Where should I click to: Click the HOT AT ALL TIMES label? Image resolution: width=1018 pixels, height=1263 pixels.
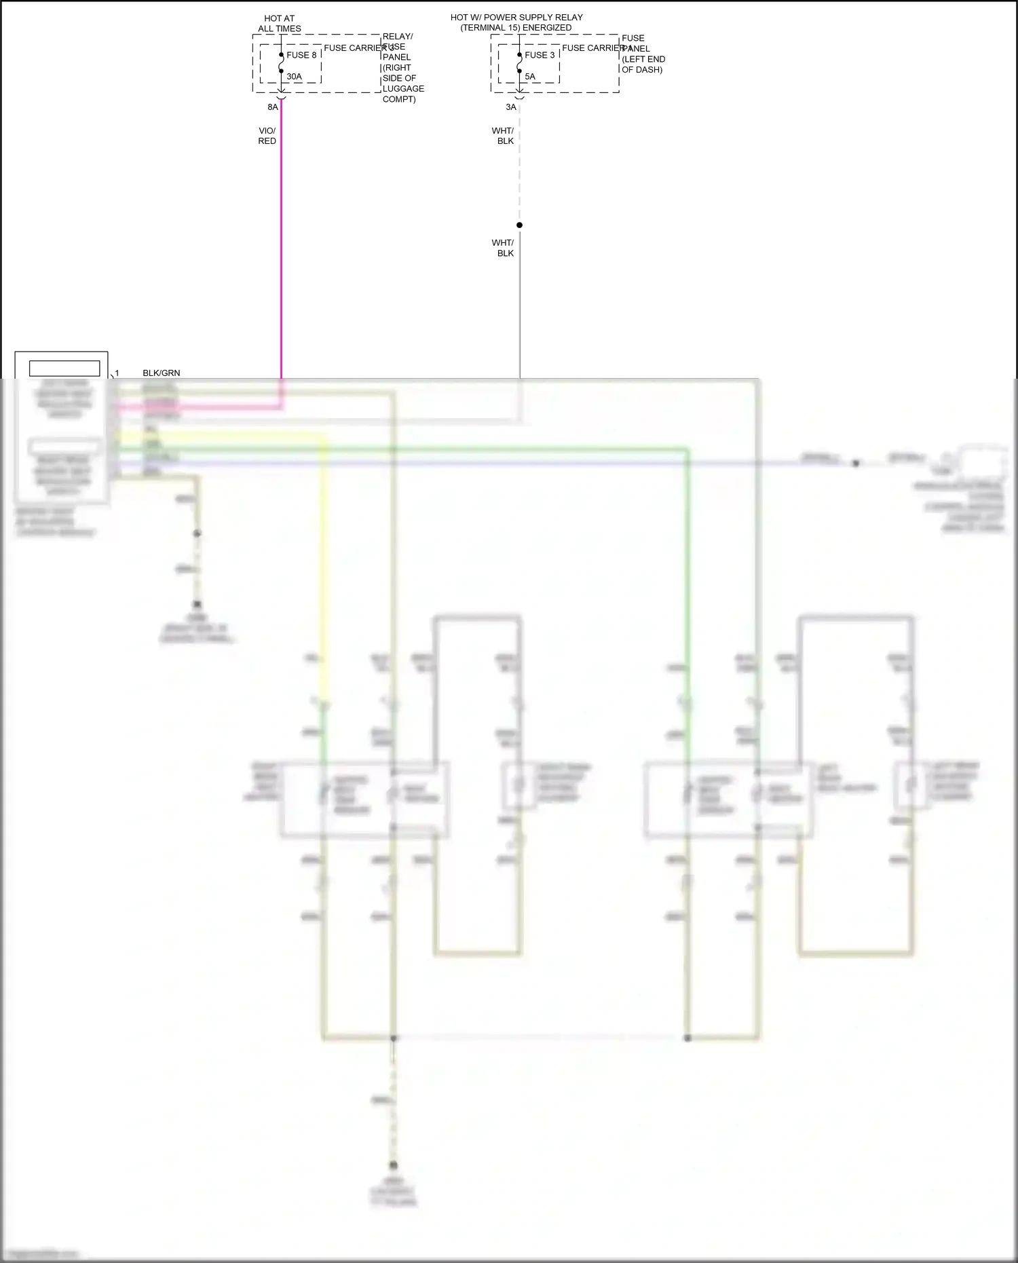[x=279, y=24]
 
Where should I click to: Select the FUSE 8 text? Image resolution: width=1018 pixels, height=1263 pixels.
[x=301, y=55]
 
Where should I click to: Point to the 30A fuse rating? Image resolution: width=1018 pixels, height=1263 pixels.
[x=294, y=77]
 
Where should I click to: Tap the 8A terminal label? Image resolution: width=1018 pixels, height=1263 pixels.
[x=273, y=107]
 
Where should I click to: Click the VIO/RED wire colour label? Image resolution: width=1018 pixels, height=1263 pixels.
[x=267, y=136]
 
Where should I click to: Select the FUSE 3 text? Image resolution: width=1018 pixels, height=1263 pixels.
[x=540, y=55]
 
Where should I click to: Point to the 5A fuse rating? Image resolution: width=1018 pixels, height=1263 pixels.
[x=530, y=77]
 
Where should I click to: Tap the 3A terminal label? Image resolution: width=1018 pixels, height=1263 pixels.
[x=511, y=107]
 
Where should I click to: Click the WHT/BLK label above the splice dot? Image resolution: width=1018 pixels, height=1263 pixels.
[x=503, y=136]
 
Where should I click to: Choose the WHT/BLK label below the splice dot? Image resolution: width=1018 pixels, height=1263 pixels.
[x=503, y=248]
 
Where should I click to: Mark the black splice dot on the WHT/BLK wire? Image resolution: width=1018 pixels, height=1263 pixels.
[x=519, y=225]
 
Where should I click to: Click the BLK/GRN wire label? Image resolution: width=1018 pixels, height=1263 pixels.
[x=162, y=373]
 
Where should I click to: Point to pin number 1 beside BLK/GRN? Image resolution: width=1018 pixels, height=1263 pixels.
[x=117, y=373]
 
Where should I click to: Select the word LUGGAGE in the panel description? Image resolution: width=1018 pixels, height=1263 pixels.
[x=403, y=89]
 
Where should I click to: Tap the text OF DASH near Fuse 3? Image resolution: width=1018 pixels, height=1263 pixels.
[x=642, y=70]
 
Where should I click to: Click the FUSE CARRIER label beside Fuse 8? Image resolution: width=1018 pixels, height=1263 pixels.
[x=354, y=48]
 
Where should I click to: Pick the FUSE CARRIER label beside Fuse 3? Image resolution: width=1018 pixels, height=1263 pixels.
[x=592, y=48]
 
